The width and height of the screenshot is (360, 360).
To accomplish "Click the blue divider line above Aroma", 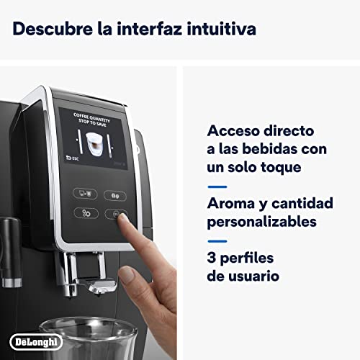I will pyautogui.click(x=217, y=186).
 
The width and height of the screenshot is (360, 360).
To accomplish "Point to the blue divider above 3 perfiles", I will pyautogui.click(x=217, y=240).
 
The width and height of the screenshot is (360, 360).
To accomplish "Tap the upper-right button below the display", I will pyautogui.click(x=115, y=195).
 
